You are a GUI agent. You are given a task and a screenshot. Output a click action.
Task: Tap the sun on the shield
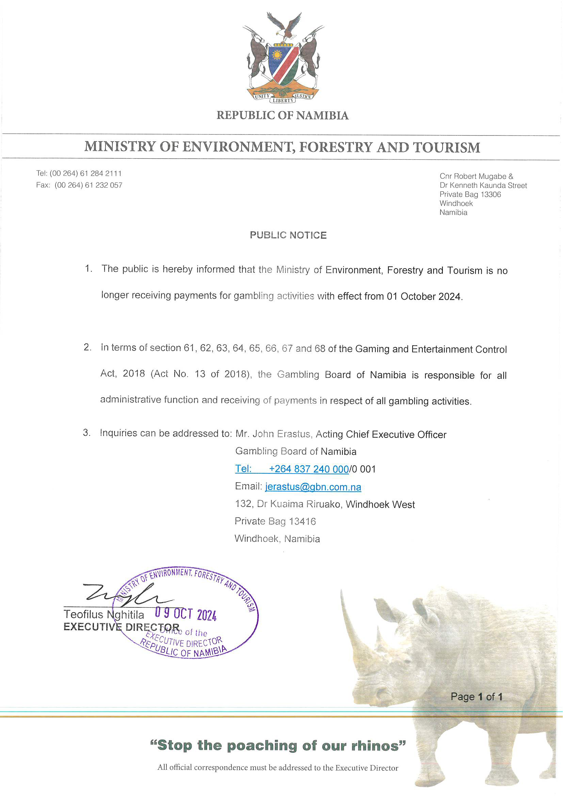[x=277, y=55]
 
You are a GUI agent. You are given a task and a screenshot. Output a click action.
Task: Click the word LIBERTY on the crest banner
[x=283, y=100]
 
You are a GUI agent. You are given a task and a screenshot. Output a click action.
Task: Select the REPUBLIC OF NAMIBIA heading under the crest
[x=282, y=115]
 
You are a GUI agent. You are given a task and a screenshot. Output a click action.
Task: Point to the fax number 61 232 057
[x=104, y=185]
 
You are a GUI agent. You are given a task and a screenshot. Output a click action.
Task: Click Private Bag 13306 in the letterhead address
[x=470, y=194]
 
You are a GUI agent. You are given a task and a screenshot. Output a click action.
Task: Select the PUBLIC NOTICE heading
[x=288, y=235]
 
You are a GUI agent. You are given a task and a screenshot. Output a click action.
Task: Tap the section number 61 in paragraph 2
[x=189, y=348]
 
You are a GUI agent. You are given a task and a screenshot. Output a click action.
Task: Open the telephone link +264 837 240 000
[x=308, y=469]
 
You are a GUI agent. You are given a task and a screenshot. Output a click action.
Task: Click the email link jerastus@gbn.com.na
[x=313, y=487]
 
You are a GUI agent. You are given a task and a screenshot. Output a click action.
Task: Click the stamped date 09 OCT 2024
[x=186, y=614]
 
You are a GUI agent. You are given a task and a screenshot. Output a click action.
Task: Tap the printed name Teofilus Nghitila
[x=104, y=615]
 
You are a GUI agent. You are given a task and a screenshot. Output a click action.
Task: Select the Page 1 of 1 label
[x=476, y=697]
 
